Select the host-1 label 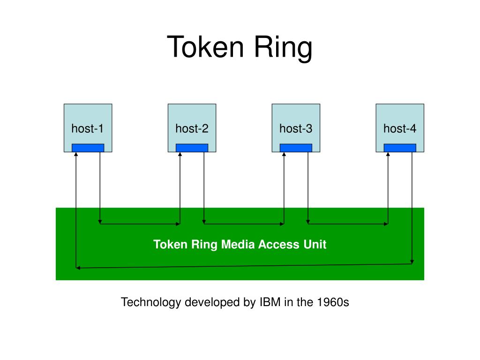(87, 128)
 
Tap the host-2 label (192, 128)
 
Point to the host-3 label (296, 128)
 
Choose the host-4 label (400, 128)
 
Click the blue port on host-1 (88, 148)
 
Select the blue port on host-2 (192, 148)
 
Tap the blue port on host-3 (296, 148)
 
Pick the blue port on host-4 (400, 148)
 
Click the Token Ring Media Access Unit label (240, 244)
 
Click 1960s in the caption (333, 302)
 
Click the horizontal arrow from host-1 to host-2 (140, 224)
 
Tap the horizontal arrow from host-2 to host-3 (244, 224)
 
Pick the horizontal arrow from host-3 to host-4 (348, 224)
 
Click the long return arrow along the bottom (244, 266)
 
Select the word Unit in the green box (315, 244)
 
